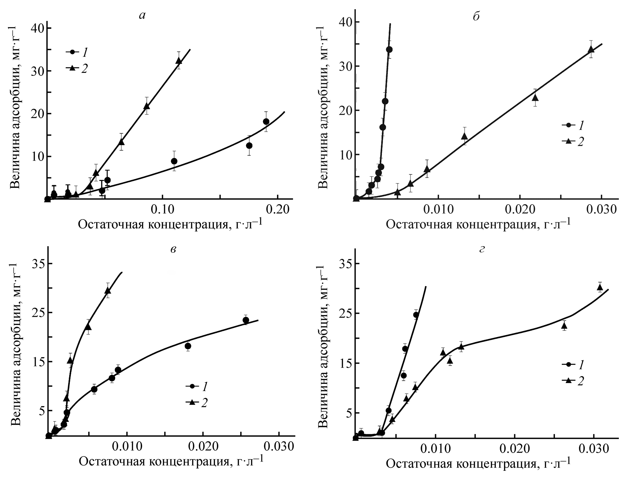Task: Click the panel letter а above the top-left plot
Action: (x=142, y=16)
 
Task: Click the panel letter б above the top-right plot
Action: (x=476, y=16)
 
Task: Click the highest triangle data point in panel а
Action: (x=179, y=60)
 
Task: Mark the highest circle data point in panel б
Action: (x=389, y=50)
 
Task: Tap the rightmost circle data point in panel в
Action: (x=246, y=320)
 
